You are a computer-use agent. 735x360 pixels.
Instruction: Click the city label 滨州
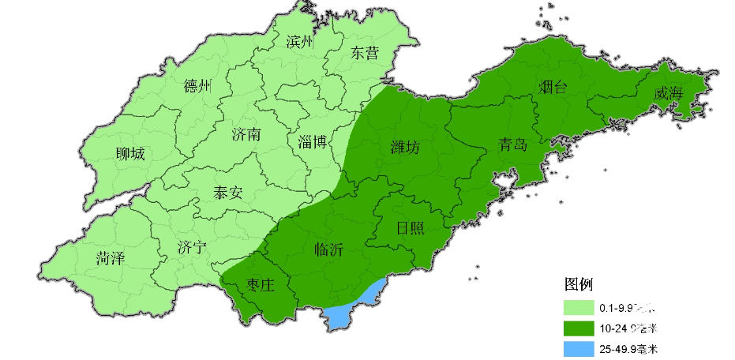[300, 42]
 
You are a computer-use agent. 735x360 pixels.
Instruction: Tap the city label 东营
[364, 54]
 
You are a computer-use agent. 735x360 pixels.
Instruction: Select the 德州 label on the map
[197, 86]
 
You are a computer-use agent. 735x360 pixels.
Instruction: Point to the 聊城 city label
[130, 154]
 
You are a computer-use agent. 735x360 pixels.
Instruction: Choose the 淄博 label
[313, 142]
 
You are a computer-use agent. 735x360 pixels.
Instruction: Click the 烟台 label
[553, 87]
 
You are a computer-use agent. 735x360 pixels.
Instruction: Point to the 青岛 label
[512, 144]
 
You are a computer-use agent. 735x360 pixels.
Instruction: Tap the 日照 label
[410, 229]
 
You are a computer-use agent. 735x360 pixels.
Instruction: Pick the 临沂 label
[328, 249]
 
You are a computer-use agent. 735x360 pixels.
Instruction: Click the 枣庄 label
[260, 286]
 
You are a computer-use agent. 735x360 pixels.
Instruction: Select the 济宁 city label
[193, 248]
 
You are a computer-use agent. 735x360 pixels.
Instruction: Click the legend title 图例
[578, 284]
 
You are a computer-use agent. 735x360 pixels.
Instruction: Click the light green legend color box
[579, 307]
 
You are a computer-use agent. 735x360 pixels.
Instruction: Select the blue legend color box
[579, 348]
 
